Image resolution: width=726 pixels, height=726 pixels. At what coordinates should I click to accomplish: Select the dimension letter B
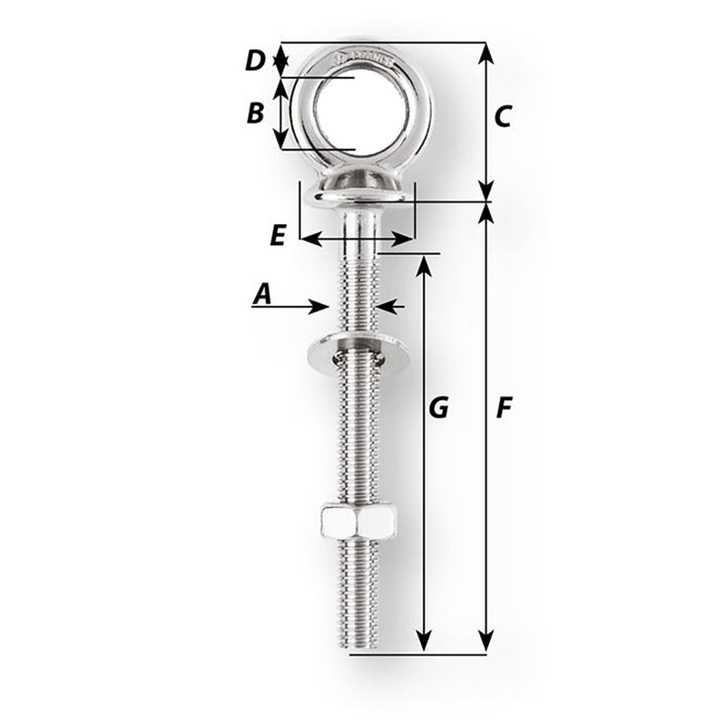pos(255,113)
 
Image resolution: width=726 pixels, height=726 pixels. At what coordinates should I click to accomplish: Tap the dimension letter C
pos(504,116)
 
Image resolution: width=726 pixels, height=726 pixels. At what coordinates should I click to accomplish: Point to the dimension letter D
pos(255,62)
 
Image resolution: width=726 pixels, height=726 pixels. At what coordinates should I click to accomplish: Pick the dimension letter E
pos(278,235)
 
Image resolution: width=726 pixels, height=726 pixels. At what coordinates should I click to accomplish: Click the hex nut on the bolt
pos(358,522)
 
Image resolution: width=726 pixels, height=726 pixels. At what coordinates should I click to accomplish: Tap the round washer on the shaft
pos(358,350)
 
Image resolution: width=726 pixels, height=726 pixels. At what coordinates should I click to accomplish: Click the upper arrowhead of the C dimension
pos(486,53)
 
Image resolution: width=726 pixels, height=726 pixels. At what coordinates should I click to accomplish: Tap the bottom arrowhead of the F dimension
pos(486,642)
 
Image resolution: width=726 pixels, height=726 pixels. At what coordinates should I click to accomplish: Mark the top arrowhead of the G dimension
pos(423,266)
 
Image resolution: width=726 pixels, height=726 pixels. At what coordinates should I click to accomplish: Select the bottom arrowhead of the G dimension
pos(423,642)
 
